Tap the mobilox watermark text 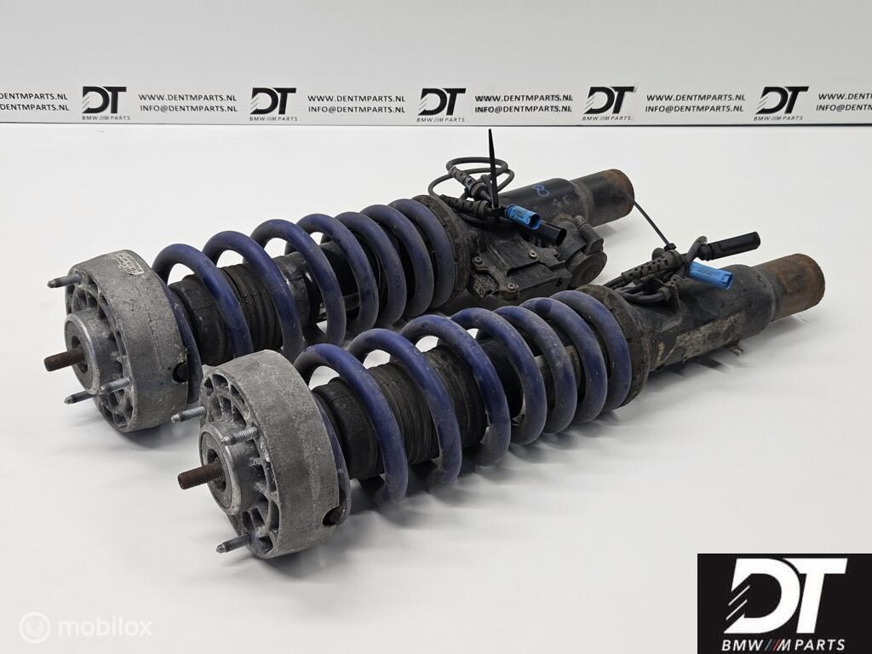click(103, 628)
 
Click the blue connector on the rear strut click(522, 217)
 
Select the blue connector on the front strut click(711, 276)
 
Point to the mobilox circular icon click(35, 628)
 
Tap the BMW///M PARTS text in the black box click(784, 644)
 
